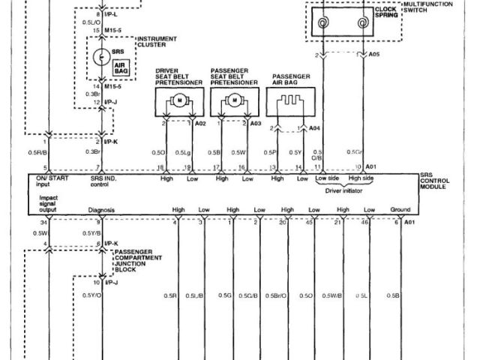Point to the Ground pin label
tap(400, 209)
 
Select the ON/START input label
tap(52, 181)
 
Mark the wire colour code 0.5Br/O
tap(277, 295)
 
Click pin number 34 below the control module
tap(44, 223)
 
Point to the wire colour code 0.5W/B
tap(332, 295)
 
